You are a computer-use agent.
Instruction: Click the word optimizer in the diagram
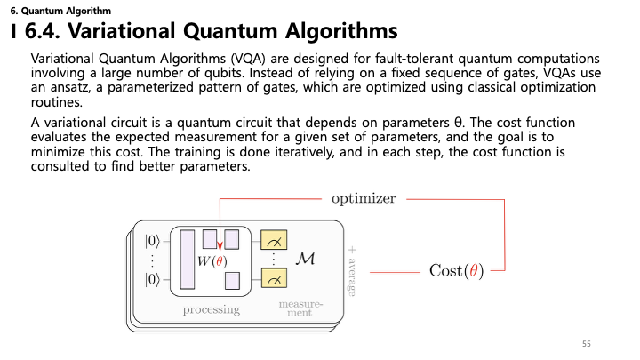364,199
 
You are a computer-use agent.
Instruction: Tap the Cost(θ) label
456,270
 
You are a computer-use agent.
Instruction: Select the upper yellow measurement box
274,240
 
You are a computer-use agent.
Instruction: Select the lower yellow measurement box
274,278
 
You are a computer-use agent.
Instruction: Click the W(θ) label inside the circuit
212,261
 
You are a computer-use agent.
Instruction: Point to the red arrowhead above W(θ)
220,245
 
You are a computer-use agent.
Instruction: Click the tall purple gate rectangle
188,260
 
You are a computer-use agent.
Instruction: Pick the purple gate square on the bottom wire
232,281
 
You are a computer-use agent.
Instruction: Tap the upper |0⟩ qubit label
152,241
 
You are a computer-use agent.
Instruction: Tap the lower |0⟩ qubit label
152,280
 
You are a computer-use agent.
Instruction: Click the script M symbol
305,259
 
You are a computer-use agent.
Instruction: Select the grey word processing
212,310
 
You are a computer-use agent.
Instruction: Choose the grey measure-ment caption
300,308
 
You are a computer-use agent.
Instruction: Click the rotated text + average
352,271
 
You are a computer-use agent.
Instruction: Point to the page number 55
587,344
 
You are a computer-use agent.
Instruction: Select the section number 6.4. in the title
42,31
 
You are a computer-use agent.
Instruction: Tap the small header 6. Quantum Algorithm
60,11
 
